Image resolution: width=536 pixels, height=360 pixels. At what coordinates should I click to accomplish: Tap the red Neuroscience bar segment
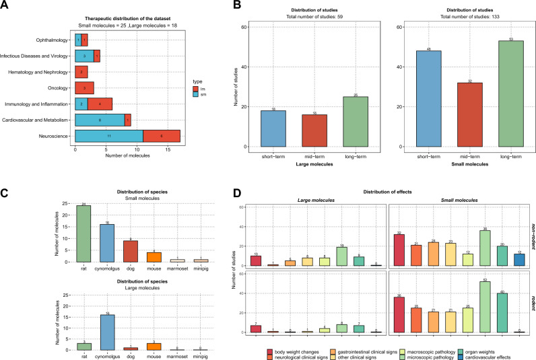161,135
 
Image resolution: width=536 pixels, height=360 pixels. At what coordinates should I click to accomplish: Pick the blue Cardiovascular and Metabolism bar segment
100,120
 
